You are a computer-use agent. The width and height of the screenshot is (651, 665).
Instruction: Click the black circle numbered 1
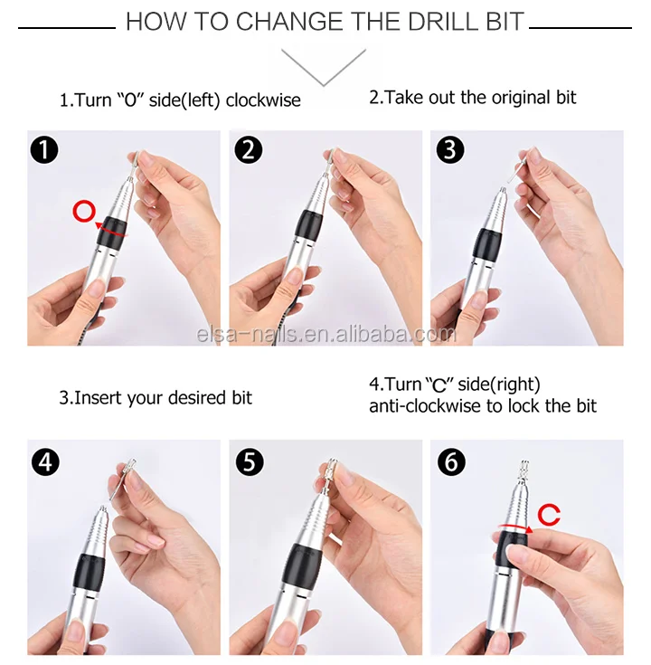44,150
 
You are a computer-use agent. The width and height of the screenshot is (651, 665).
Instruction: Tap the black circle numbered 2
248,150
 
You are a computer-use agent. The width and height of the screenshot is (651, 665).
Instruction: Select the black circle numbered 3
449,150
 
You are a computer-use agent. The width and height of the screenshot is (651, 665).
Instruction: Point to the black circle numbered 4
45,461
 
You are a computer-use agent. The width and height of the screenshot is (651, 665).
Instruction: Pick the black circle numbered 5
250,461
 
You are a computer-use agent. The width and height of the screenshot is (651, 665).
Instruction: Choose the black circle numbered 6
451,461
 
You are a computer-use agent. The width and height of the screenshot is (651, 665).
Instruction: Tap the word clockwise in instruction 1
263,100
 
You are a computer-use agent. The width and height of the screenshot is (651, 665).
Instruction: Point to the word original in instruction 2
517,98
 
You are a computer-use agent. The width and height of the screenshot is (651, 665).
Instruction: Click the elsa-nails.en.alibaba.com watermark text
326,335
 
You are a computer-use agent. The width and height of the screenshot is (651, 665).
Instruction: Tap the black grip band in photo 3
487,245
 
